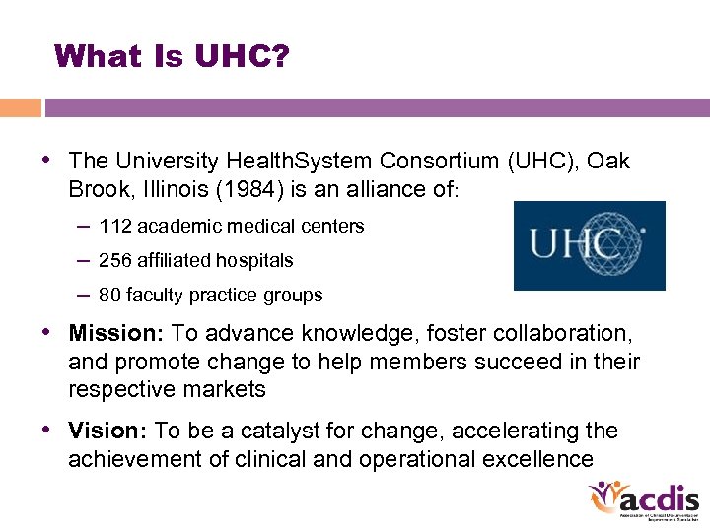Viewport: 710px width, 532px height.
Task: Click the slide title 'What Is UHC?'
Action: click(x=173, y=56)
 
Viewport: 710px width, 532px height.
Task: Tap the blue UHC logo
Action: click(x=589, y=245)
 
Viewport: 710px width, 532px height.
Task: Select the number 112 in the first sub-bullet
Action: click(x=115, y=227)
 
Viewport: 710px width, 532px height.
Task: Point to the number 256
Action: click(x=115, y=261)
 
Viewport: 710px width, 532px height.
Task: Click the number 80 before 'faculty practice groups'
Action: click(x=109, y=296)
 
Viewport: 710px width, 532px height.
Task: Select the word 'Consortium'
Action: click(x=443, y=161)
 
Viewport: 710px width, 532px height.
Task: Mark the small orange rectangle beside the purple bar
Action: click(x=21, y=107)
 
